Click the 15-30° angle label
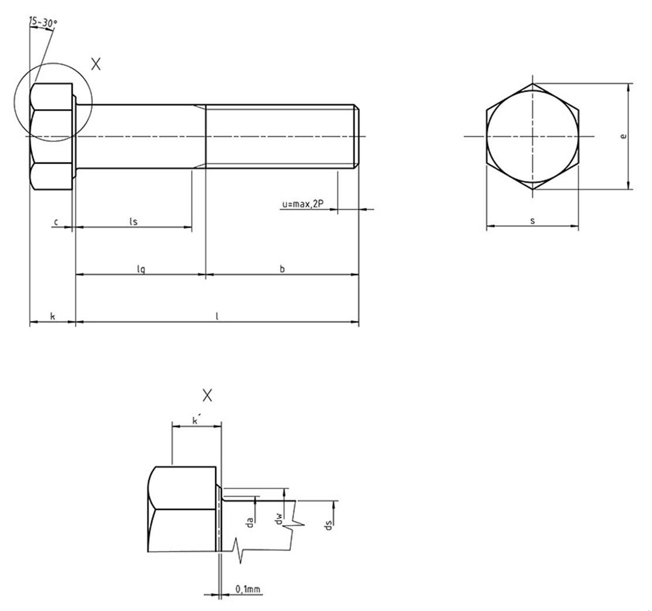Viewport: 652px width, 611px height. point(43,22)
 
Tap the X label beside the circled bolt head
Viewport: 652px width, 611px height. point(96,64)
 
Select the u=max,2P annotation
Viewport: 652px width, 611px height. point(303,204)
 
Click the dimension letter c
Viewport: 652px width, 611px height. point(56,222)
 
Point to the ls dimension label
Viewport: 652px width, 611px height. point(133,222)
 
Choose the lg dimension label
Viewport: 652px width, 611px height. point(141,270)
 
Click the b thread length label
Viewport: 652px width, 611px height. point(282,269)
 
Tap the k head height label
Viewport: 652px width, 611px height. point(53,316)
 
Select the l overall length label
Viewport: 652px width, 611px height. point(217,316)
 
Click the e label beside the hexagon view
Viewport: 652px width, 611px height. point(623,136)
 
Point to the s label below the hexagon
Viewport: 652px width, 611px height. point(532,221)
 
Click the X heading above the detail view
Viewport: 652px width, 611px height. point(207,395)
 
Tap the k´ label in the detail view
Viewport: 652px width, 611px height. point(196,420)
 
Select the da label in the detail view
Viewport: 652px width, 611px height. point(250,522)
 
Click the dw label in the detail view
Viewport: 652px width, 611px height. point(279,518)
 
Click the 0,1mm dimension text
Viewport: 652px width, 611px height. point(248,589)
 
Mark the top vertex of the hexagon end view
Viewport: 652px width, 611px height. point(532,83)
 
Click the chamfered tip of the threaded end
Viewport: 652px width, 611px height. point(356,137)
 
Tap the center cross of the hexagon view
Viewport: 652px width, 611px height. point(532,136)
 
